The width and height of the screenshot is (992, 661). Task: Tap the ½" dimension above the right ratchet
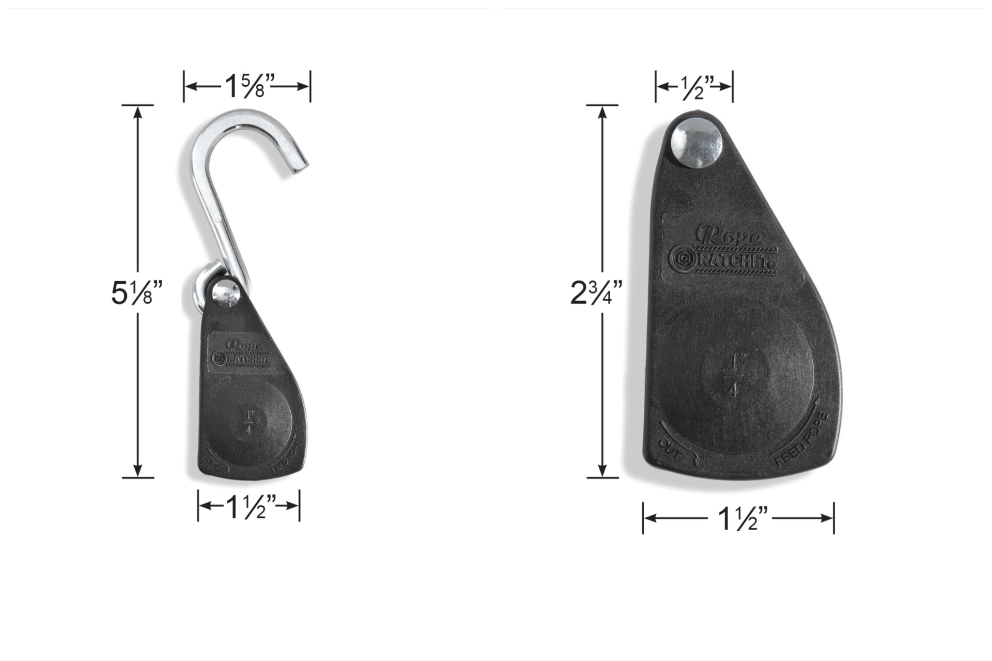(x=694, y=87)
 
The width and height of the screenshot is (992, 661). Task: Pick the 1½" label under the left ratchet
(x=248, y=506)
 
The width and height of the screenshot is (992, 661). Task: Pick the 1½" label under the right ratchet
(x=738, y=519)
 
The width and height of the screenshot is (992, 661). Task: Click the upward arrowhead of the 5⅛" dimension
(x=138, y=111)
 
